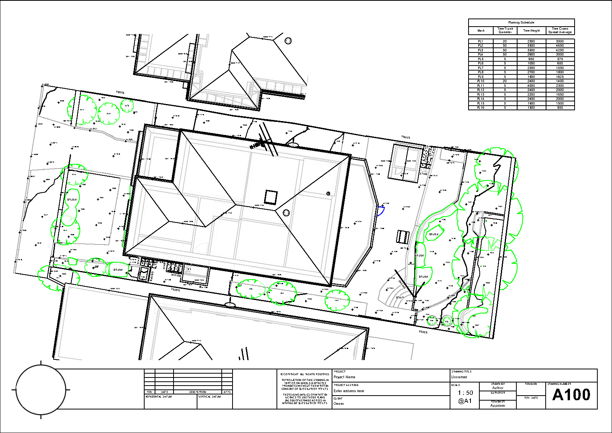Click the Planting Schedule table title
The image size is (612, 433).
[x=521, y=22]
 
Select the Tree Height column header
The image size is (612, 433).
[x=531, y=30]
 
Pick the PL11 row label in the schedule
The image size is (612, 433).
[x=480, y=86]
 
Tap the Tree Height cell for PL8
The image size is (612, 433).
[x=531, y=72]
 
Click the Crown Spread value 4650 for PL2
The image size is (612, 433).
[x=560, y=45]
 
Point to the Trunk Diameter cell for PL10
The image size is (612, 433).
[x=504, y=81]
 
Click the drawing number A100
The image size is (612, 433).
[x=571, y=395]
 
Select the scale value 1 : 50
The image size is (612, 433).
[x=465, y=393]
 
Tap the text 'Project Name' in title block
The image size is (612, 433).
[x=344, y=377]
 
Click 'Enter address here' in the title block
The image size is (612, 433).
[x=349, y=391]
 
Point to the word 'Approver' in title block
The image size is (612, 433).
[x=497, y=406]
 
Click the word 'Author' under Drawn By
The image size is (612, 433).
[x=497, y=388]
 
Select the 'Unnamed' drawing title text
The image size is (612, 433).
[x=459, y=377]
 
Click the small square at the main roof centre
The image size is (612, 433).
[x=270, y=197]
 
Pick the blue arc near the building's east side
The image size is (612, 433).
[x=381, y=211]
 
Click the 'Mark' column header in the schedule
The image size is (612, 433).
[x=480, y=30]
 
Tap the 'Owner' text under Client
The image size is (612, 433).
[x=339, y=404]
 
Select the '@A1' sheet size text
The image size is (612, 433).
[x=465, y=401]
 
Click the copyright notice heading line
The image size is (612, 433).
[x=305, y=374]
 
